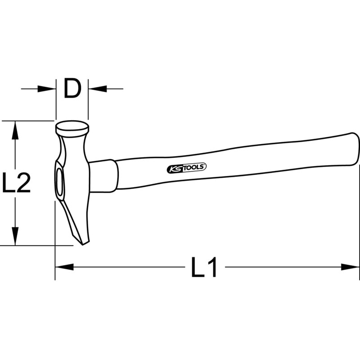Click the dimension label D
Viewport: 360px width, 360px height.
[x=72, y=89]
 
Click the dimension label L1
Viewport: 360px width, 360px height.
[x=204, y=268]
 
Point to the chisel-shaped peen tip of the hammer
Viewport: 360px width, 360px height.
[x=84, y=241]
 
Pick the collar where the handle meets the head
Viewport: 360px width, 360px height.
[x=103, y=175]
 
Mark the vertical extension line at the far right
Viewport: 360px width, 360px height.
[x=360, y=216]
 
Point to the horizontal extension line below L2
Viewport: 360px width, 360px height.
[x=36, y=246]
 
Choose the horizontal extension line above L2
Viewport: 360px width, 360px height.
[x=27, y=121]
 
